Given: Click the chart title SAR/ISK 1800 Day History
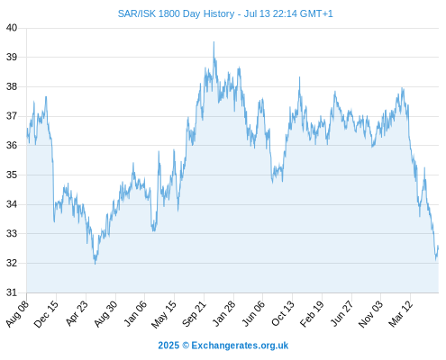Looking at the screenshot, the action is [176, 13].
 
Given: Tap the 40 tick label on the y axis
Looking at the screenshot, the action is [12, 28].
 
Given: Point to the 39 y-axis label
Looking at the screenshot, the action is [12, 57].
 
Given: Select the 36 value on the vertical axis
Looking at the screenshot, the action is [12, 146].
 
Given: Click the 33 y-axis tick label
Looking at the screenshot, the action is [12, 233].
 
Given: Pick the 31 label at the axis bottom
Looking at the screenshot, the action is [12, 292].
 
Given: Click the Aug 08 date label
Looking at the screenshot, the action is [17, 313].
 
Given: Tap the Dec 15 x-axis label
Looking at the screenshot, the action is [46, 313].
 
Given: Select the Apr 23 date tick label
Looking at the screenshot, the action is [77, 313].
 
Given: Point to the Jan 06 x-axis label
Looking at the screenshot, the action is [135, 313].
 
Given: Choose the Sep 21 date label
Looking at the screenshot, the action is [194, 313].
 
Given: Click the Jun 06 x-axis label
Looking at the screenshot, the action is [253, 313].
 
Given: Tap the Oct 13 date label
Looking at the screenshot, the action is [283, 313].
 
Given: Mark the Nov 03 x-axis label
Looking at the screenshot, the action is [370, 313].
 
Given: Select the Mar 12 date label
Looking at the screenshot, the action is [401, 313].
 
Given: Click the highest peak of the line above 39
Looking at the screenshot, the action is [214, 42].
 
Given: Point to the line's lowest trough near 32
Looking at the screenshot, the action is [96, 264].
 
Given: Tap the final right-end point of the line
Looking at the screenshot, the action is [438, 246].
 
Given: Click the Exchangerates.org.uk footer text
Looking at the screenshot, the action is [240, 346].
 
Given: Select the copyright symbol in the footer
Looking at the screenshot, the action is [186, 346].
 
